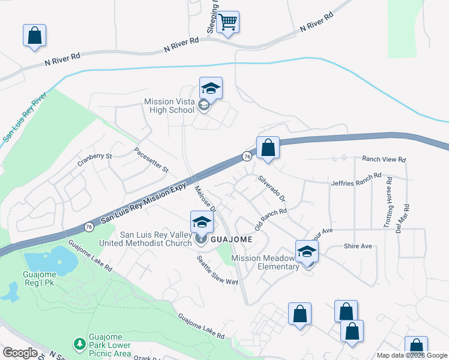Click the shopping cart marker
[x=228, y=23]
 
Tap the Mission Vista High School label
[x=169, y=106]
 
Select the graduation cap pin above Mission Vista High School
[x=211, y=89]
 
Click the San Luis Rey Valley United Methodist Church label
[x=156, y=239]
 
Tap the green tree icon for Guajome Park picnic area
[x=79, y=344]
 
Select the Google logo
[x=20, y=352]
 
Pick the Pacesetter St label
[x=152, y=160]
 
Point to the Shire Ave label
[x=358, y=246]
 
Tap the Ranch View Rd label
[x=384, y=160]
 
